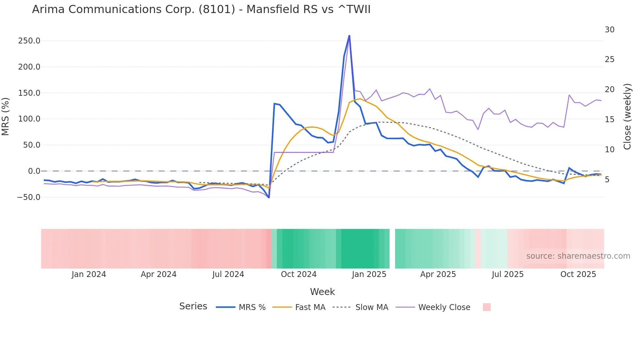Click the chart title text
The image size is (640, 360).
coord(201,9)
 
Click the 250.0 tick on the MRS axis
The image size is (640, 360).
coord(29,41)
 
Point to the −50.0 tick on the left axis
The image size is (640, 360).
coord(29,197)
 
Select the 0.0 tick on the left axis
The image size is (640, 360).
coord(34,171)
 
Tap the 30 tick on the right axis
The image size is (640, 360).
coord(609,30)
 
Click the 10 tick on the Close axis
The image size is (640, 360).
coord(609,150)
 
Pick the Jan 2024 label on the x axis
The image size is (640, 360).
coord(89,274)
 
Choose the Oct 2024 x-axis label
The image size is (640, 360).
coord(298,274)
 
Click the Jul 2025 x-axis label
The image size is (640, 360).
coord(507,274)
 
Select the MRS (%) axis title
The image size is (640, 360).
coord(6,117)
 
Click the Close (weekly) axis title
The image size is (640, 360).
coord(627,117)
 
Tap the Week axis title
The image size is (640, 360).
coord(322,292)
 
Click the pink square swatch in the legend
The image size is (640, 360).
coord(487,307)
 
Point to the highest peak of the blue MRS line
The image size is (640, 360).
coord(349,36)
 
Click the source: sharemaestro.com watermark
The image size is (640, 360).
coord(578,256)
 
